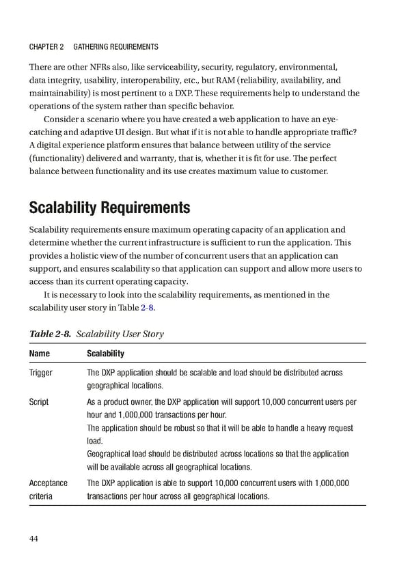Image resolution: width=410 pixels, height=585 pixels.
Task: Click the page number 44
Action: point(33,539)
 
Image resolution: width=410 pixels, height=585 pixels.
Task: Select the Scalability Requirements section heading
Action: point(109,207)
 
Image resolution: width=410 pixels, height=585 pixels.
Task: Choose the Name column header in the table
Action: point(39,354)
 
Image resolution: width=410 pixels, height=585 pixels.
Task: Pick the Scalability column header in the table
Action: point(105,354)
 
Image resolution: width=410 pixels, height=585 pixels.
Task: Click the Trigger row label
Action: point(40,373)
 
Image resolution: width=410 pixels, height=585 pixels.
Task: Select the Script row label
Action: point(38,402)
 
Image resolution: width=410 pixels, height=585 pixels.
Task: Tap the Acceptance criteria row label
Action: point(48,489)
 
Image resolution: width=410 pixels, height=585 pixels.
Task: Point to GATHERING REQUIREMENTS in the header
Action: point(115,46)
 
